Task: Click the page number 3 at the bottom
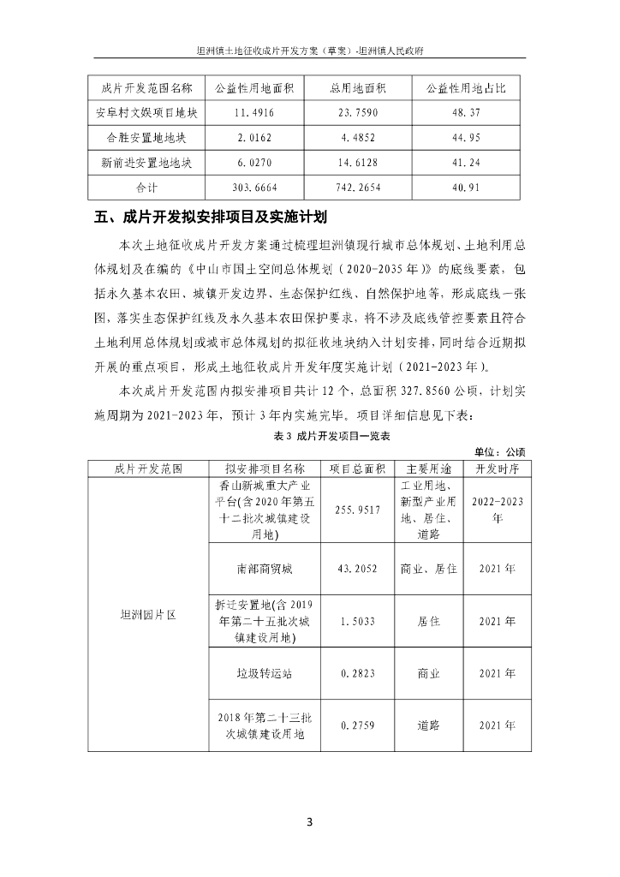[x=310, y=823]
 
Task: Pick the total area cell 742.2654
[x=359, y=186]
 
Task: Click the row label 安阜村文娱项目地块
[x=146, y=112]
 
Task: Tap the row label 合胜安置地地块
[x=146, y=137]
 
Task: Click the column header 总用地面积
[x=359, y=88]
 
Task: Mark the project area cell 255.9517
[x=360, y=510]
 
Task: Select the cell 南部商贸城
[x=265, y=568]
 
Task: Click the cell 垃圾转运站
[x=265, y=674]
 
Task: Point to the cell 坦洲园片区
[x=147, y=614]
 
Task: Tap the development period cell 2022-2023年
[x=498, y=510]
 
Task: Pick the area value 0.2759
[x=360, y=725]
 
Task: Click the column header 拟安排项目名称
[x=265, y=468]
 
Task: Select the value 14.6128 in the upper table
[x=359, y=162]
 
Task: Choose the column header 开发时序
[x=498, y=468]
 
